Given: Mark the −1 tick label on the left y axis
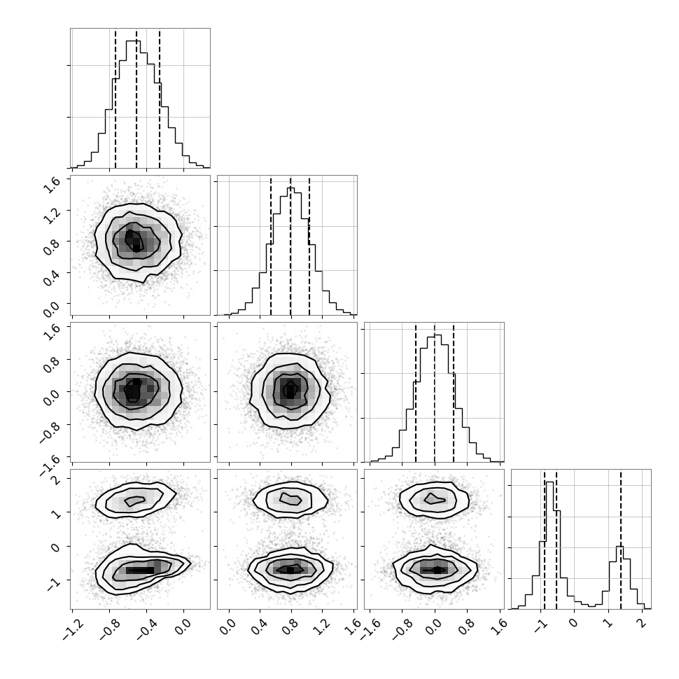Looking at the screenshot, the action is pos(52,584).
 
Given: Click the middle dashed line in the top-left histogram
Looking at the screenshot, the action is pos(136,98).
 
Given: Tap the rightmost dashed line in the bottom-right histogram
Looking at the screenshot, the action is pos(620,539).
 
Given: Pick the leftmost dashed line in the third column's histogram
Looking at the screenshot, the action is pos(416,392).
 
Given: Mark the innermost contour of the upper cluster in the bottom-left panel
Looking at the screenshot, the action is pos(135,501).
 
